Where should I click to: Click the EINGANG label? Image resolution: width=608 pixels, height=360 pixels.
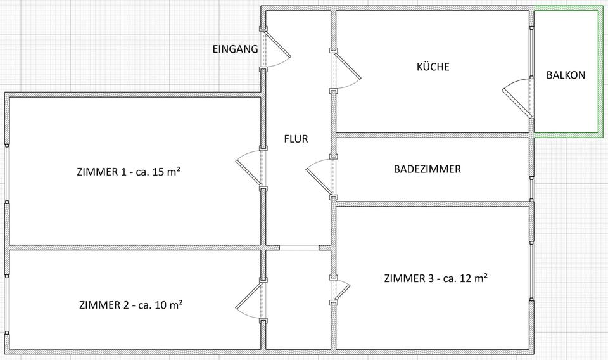point(235,49)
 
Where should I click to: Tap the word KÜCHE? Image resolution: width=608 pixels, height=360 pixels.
point(433,67)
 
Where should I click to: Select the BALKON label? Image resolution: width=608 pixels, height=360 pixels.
point(566,75)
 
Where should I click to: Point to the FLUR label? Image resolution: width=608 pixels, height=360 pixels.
point(296,139)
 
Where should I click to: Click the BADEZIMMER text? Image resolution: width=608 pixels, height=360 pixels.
point(427,169)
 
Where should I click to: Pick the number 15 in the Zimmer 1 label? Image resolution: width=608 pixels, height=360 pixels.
point(158,172)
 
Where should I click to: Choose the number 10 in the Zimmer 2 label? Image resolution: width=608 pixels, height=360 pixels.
point(161,305)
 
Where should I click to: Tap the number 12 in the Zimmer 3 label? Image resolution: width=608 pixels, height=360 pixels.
point(465,278)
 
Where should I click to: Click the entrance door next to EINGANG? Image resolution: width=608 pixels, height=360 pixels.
point(276,49)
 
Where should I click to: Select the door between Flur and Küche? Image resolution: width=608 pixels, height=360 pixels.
point(346,71)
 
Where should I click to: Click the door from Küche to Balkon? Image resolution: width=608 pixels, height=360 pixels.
point(518,98)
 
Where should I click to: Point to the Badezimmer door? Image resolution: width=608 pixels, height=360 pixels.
point(320,176)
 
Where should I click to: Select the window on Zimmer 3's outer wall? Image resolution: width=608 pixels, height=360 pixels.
point(531,271)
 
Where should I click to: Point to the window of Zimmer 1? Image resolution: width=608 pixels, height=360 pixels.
point(6,174)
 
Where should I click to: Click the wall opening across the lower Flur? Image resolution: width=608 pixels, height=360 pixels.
point(300,247)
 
